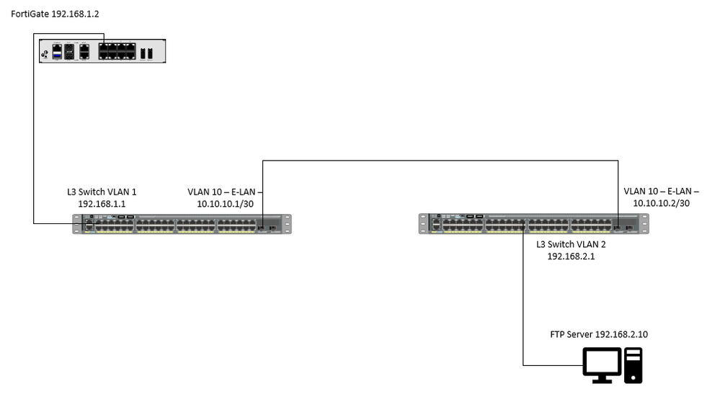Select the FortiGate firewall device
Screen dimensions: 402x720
coord(102,51)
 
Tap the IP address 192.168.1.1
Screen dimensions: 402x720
coord(101,204)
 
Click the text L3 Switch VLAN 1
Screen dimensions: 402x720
coord(101,192)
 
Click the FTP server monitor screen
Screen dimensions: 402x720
coord(602,359)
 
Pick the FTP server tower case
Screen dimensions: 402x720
coord(634,364)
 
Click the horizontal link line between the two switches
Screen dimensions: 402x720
coord(440,161)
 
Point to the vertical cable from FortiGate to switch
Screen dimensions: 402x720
coord(33,144)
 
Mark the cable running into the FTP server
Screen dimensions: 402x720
coord(524,303)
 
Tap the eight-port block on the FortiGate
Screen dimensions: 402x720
coord(117,51)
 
